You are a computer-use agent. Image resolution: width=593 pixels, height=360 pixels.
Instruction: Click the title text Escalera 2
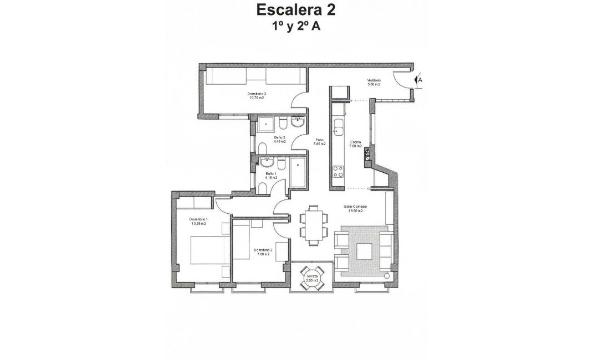[x=295, y=9]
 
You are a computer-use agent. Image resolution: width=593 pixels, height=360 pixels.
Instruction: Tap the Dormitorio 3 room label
[x=257, y=96]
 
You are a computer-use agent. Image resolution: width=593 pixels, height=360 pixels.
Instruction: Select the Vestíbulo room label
[x=374, y=82]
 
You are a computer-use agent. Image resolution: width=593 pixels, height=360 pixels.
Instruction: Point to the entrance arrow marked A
[x=420, y=80]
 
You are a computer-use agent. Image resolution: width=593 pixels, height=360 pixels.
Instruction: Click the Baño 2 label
[x=279, y=140]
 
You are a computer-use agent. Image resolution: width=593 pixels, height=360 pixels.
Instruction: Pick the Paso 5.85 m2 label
[x=320, y=142]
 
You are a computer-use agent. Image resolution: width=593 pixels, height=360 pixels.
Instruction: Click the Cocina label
[x=355, y=144]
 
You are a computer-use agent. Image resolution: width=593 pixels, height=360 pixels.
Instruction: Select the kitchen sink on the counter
[x=336, y=131]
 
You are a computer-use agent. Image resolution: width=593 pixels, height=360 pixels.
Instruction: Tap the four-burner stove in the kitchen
[x=336, y=172]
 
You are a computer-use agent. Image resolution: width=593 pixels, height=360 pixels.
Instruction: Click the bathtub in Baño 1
[x=298, y=171]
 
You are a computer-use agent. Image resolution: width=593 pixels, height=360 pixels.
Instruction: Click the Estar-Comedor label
[x=355, y=209]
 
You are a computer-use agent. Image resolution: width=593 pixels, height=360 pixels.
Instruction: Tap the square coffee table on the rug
[x=365, y=251]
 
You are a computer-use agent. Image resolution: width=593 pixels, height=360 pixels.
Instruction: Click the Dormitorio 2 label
[x=263, y=252]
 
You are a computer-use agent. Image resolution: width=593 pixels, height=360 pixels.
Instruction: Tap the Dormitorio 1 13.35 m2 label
[x=197, y=222]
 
